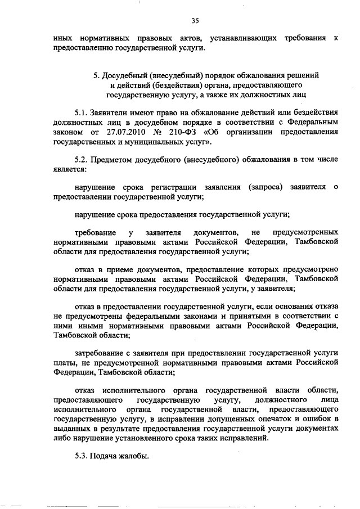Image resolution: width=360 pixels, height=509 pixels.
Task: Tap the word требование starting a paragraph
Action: click(x=95, y=232)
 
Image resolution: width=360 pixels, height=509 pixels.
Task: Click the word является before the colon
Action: click(x=69, y=169)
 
